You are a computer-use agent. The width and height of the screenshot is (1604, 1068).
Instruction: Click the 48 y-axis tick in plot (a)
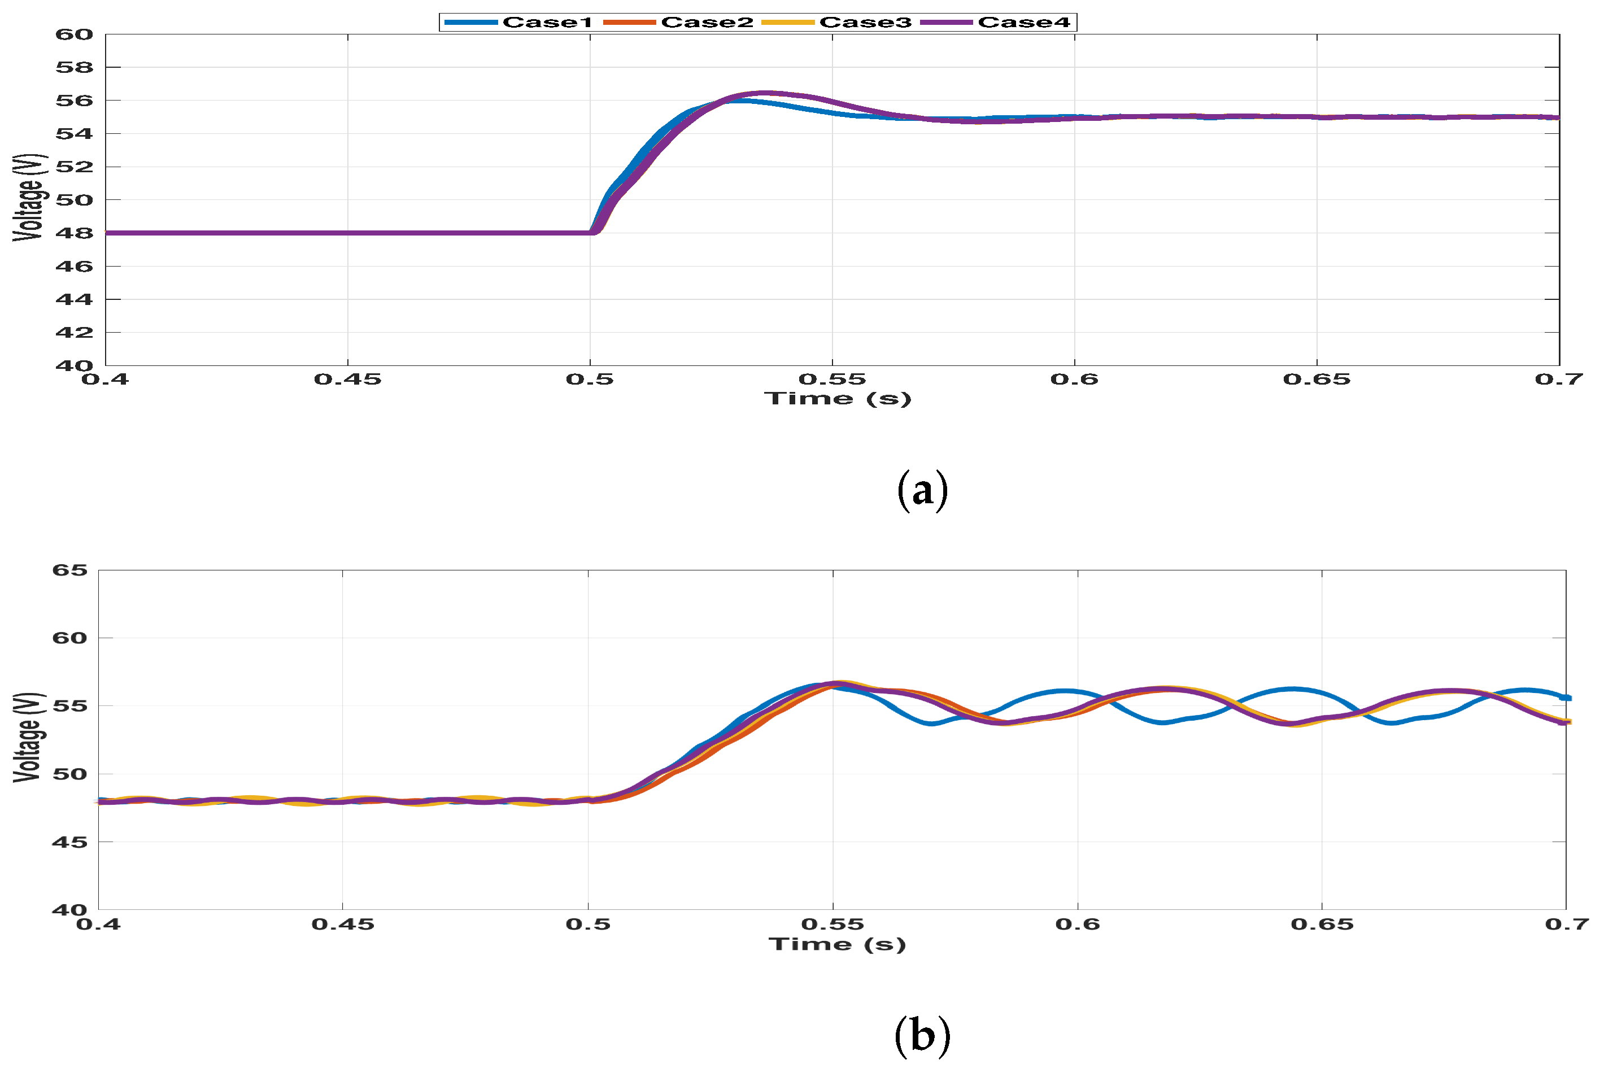(73, 233)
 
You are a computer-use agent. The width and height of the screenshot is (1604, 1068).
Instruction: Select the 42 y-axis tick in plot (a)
(73, 333)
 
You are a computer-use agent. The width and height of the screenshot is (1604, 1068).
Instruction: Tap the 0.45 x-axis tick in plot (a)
(347, 380)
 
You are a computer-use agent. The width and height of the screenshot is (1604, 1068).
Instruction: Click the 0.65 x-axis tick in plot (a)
(1316, 380)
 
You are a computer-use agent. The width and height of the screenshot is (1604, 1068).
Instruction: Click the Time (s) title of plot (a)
(837, 399)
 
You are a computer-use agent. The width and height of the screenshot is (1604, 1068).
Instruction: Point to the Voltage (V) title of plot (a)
(29, 198)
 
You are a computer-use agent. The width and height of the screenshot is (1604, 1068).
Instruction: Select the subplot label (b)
(922, 1035)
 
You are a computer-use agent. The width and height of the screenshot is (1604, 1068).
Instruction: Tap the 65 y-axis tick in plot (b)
(70, 570)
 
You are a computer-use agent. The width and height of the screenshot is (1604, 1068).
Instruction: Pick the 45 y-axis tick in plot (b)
(70, 843)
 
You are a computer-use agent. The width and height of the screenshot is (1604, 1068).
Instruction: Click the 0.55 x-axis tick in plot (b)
(832, 925)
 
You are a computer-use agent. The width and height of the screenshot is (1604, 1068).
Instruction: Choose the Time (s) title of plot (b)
(837, 944)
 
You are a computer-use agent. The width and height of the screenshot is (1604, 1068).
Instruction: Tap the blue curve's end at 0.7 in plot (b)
(1564, 698)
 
